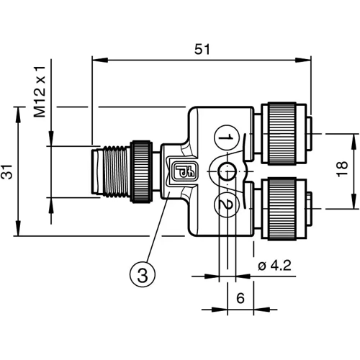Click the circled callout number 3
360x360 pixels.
point(143,274)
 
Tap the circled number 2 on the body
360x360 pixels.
point(225,205)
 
